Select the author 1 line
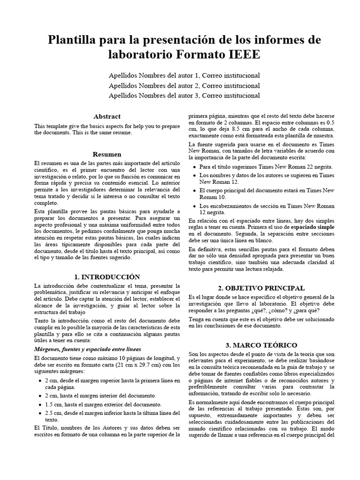point(184,75)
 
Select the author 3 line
point(184,96)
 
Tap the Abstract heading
point(107,116)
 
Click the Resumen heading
point(107,154)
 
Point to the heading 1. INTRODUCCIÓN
point(107,277)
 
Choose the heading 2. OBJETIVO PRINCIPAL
point(261,288)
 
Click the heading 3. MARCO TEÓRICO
point(261,345)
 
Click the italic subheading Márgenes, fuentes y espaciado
point(87,349)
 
